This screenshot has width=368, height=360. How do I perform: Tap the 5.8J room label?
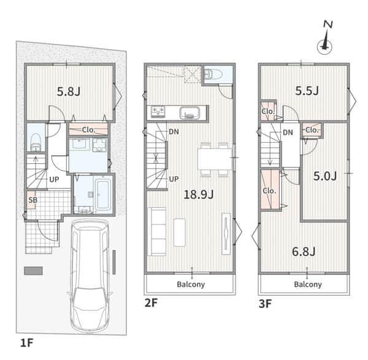pyautogui.click(x=69, y=91)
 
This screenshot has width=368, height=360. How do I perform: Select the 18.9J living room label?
pyautogui.click(x=199, y=194)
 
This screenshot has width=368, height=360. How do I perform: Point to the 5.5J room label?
pyautogui.click(x=307, y=91)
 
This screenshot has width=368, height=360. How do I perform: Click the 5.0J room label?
pyautogui.click(x=325, y=176)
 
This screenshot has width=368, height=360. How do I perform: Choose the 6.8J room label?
pyautogui.click(x=304, y=251)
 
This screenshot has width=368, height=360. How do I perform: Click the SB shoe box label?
pyautogui.click(x=33, y=200)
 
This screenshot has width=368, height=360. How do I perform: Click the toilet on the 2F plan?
pyautogui.click(x=213, y=74)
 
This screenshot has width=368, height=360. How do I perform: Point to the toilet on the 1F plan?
pyautogui.click(x=36, y=142)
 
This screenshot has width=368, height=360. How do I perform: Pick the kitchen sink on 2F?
pyautogui.click(x=190, y=112)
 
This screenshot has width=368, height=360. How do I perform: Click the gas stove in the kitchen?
pyautogui.click(x=158, y=111)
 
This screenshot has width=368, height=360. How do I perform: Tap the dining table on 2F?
pyautogui.click(x=215, y=159)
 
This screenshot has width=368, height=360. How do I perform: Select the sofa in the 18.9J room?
pyautogui.click(x=157, y=231)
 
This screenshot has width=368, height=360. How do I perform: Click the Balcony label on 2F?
pyautogui.click(x=191, y=285)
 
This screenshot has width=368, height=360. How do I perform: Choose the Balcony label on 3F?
pyautogui.click(x=308, y=285)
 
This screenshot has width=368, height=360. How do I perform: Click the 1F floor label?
pyautogui.click(x=27, y=343)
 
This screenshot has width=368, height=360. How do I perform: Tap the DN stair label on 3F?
pyautogui.click(x=288, y=132)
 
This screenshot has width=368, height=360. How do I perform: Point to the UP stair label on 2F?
pyautogui.click(x=174, y=179)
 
